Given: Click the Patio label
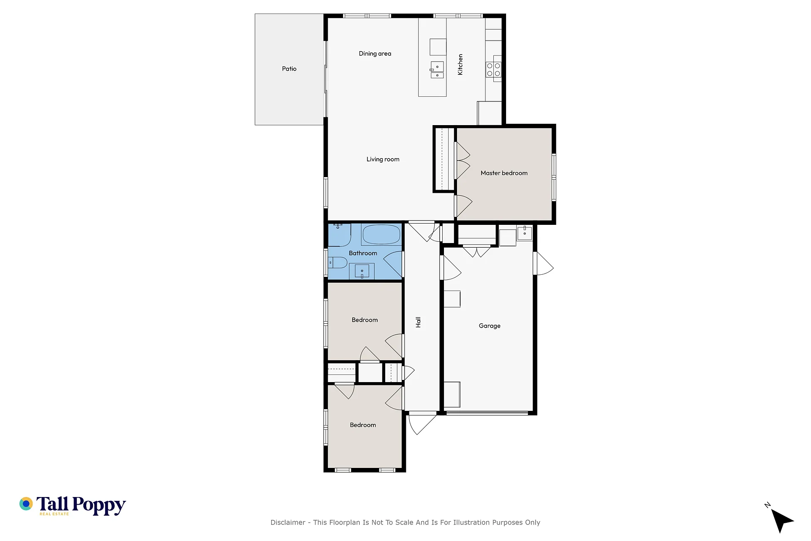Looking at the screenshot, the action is [289, 69].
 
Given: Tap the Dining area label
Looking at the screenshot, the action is [375, 54].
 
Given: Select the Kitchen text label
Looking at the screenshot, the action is [460, 65].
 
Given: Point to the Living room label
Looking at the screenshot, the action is [383, 159].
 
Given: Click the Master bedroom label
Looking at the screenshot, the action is [504, 173].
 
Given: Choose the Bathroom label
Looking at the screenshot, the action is [363, 253].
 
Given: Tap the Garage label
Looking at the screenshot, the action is [490, 326].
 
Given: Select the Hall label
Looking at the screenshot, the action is [418, 322].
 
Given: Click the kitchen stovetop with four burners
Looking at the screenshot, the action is [493, 70].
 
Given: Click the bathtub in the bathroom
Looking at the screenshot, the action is [381, 235].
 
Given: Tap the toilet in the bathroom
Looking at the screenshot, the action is [338, 263].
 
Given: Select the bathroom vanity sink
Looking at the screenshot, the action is [362, 271].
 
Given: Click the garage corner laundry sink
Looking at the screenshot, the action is [525, 233].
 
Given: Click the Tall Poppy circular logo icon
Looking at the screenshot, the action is [26, 504].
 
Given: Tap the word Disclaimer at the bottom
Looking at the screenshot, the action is [288, 522].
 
